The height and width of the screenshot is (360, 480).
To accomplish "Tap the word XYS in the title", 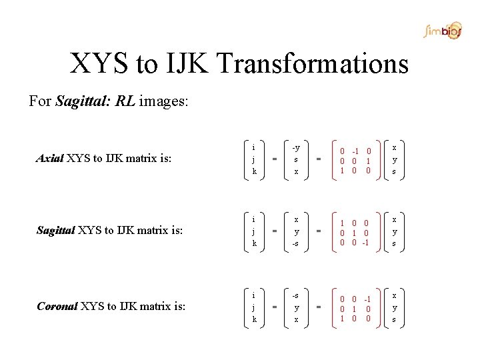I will (x=100, y=64).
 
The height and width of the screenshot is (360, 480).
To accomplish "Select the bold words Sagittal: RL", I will (x=96, y=102).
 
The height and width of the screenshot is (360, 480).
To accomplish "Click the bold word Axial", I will (x=49, y=159).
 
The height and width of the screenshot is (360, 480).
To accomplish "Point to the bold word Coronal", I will (x=57, y=307).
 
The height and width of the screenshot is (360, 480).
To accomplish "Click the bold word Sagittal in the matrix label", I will (x=56, y=231).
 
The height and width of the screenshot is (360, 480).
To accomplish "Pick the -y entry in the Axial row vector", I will (x=296, y=147).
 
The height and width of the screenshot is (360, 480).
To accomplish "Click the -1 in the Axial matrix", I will (x=356, y=151).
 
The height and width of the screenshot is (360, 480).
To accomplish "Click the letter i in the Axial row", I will (x=254, y=147).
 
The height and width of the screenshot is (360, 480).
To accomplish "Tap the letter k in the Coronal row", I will (x=254, y=319).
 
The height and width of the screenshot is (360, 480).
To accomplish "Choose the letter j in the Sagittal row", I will (x=254, y=232).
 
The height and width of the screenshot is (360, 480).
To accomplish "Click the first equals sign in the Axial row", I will (x=275, y=159).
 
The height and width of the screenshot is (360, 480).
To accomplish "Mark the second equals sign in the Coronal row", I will (x=318, y=307).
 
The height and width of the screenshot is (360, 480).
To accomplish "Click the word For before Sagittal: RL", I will (x=40, y=102).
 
